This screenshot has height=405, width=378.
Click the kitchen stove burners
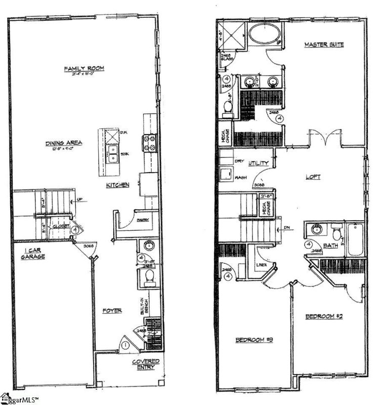coord(150,142)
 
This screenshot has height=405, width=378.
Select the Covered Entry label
coord(146,364)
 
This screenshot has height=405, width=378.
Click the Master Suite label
coord(324,45)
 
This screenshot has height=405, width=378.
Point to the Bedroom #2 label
coord(324,316)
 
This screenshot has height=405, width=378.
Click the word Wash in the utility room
coord(240,178)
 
